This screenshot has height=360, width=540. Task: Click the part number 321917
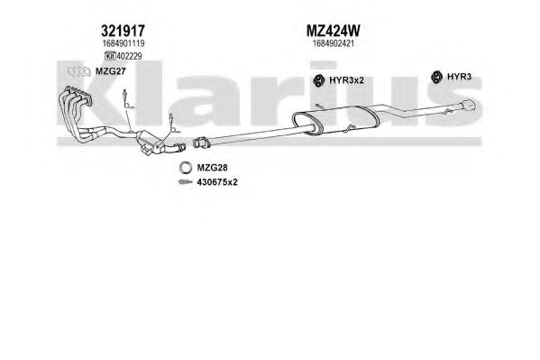click(x=123, y=31)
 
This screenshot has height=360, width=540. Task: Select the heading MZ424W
click(x=333, y=31)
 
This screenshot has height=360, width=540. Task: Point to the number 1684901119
click(x=123, y=43)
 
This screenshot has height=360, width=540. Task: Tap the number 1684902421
click(x=333, y=43)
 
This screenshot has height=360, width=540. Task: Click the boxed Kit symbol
click(x=110, y=56)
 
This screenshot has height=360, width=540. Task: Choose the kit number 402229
click(x=129, y=56)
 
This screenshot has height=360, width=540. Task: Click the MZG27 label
click(x=110, y=71)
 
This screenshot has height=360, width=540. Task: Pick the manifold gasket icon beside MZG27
click(x=78, y=71)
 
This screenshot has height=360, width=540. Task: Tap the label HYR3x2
click(x=346, y=80)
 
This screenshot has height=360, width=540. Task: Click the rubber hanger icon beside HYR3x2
click(x=319, y=80)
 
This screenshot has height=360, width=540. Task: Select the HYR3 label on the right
click(x=459, y=77)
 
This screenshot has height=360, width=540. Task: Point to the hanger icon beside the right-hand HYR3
click(x=436, y=77)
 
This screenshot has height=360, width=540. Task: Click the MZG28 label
click(x=212, y=168)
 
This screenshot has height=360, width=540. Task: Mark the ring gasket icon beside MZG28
click(x=186, y=168)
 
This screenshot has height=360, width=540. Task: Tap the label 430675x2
click(x=217, y=182)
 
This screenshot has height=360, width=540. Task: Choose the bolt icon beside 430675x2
click(x=186, y=182)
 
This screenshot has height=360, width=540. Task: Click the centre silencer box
click(x=335, y=120)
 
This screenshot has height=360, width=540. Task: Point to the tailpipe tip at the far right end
click(x=469, y=106)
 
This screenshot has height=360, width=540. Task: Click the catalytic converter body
click(x=149, y=142)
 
